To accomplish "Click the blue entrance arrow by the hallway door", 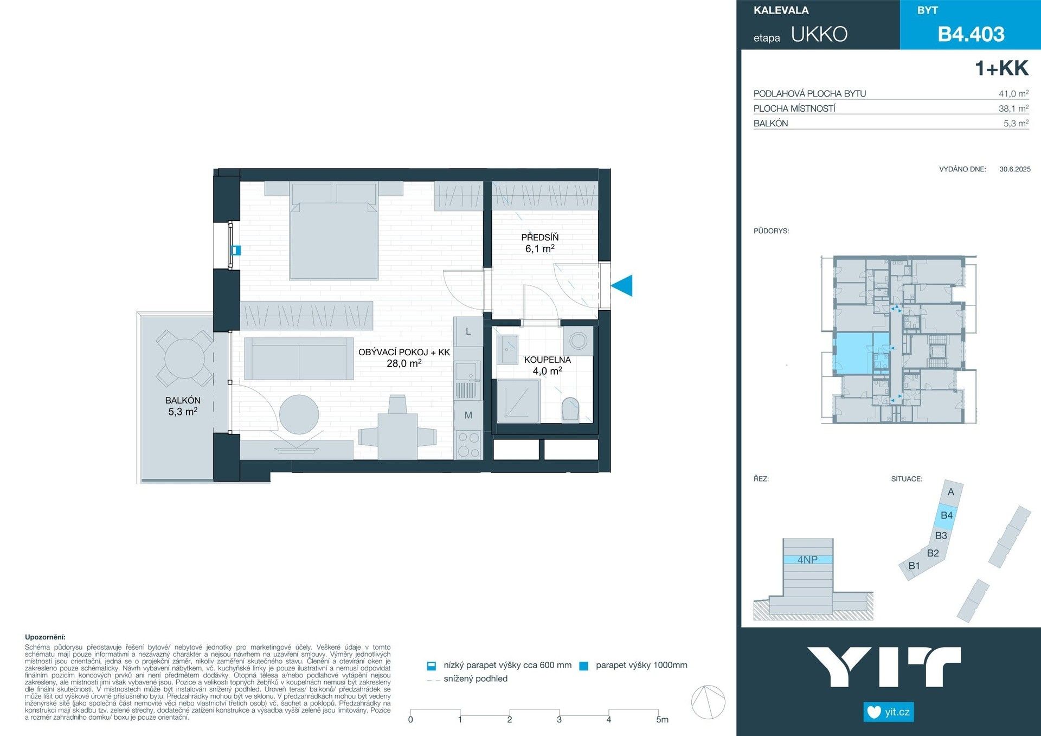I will [x=623, y=285].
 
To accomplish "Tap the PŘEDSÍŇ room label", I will [x=539, y=238].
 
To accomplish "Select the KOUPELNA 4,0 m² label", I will [x=547, y=366].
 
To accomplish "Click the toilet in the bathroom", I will [x=570, y=409].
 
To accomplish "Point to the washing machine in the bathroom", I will [x=578, y=341].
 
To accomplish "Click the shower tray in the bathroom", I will [x=518, y=401].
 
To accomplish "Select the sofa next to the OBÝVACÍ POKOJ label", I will [x=299, y=359].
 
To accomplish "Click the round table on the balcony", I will [x=185, y=359].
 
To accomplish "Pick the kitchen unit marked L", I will [x=468, y=331].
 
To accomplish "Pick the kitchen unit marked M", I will [x=468, y=415].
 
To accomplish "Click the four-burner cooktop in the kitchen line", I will [x=468, y=444].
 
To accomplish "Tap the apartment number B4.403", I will [x=971, y=34].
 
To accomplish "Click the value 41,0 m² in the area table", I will [x=1013, y=94].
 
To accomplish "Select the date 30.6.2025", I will [x=1014, y=169].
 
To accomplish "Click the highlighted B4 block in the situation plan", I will [x=946, y=515].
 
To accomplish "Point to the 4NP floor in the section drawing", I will [x=807, y=560].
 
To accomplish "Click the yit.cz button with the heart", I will [x=888, y=712].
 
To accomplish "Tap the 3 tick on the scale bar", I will [x=559, y=719].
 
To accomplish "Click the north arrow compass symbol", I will [x=708, y=702].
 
